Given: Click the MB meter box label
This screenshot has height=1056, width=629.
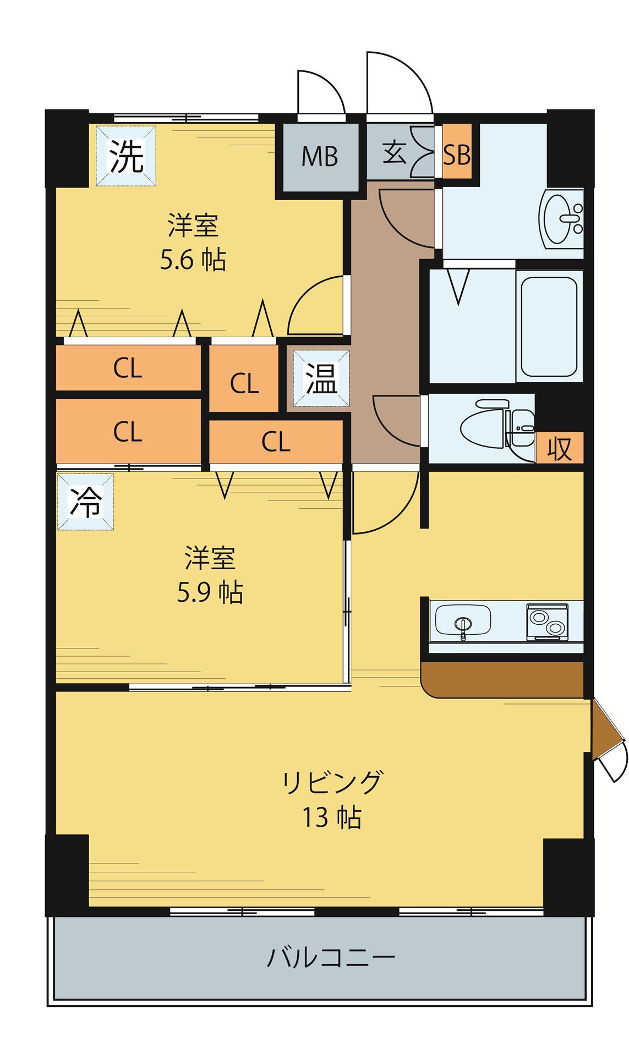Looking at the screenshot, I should (320, 157).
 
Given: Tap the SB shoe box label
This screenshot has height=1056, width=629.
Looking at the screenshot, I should (457, 155).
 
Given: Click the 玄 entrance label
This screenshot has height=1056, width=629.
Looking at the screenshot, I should (394, 152).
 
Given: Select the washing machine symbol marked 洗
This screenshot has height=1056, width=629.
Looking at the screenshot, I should (126, 156).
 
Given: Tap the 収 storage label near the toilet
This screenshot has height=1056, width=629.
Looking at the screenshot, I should (560, 448).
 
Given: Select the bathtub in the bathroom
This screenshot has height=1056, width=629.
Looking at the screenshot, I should (549, 326).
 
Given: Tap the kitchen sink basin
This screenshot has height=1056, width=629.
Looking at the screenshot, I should (463, 620).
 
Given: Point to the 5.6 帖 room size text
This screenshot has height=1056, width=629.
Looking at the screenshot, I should (193, 260).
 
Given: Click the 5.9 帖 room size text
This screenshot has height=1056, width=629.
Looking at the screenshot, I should (210, 592).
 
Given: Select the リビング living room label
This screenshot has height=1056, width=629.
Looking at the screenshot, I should (332, 782).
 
